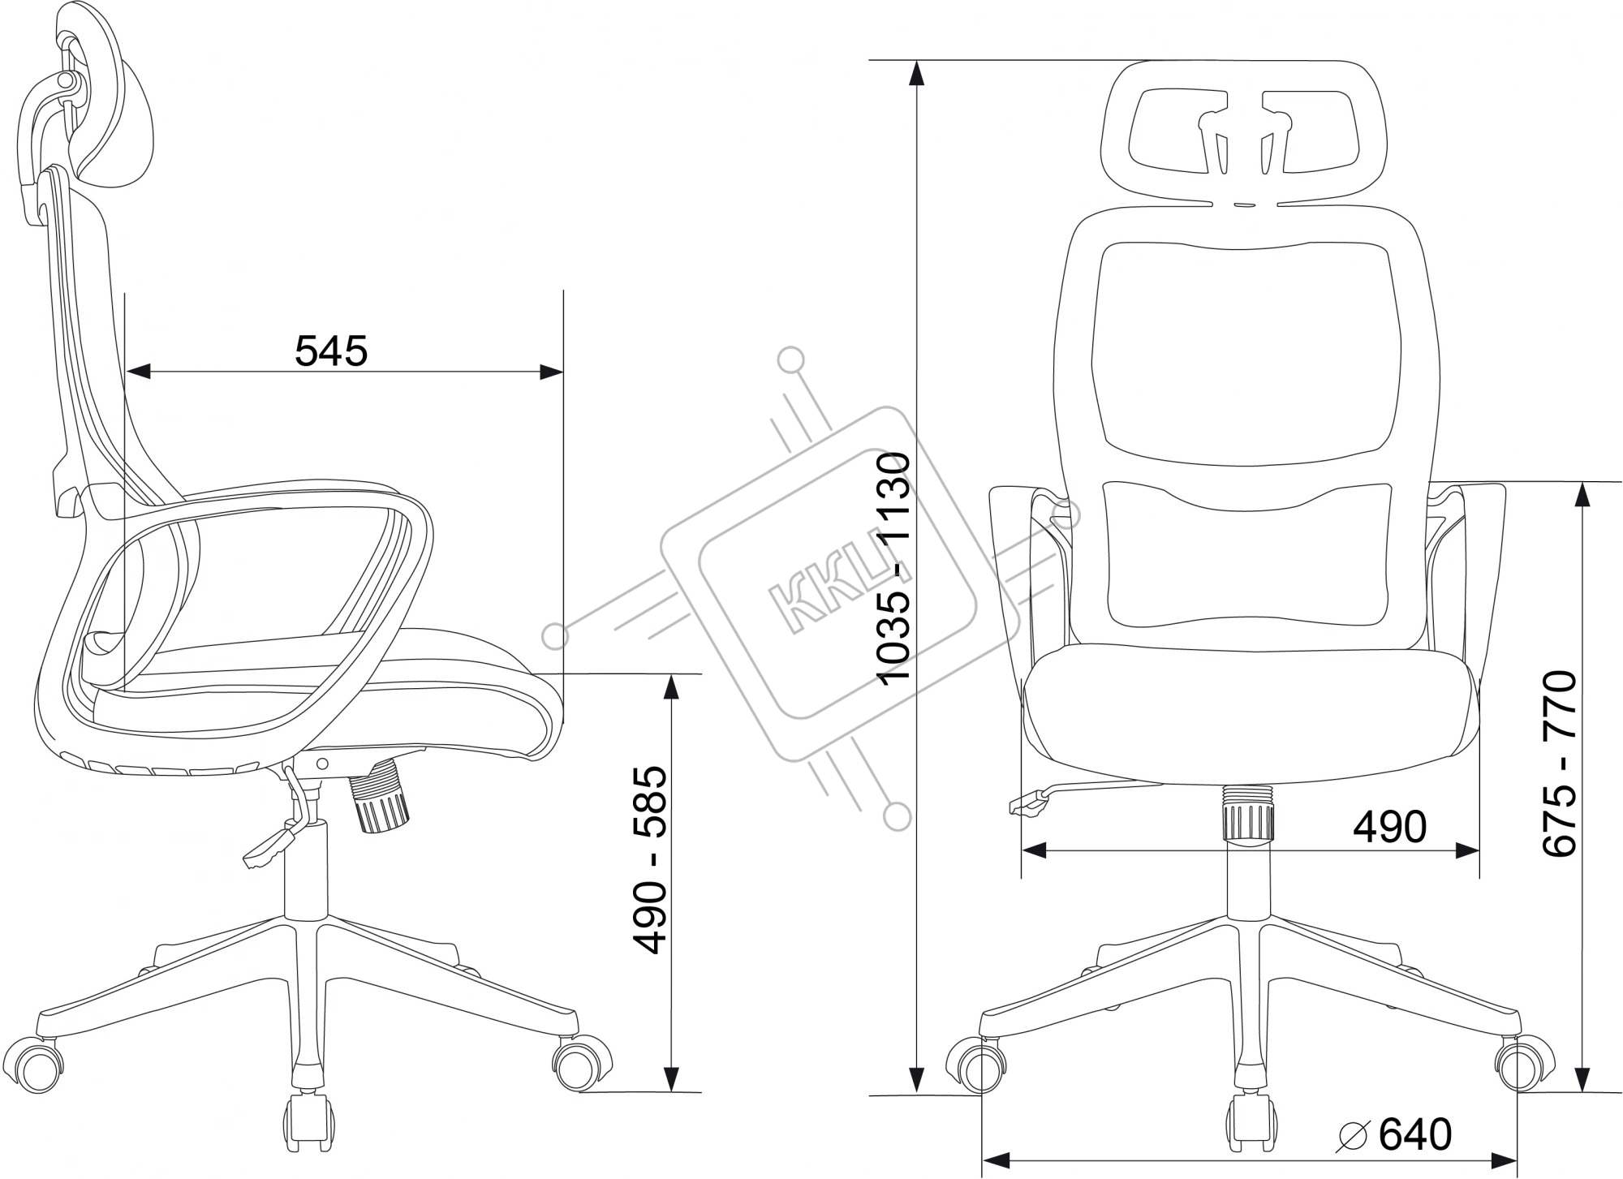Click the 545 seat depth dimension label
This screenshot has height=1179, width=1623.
[x=331, y=351]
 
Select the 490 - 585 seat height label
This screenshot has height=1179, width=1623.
[x=651, y=861]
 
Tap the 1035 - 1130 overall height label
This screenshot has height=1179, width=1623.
[x=895, y=570]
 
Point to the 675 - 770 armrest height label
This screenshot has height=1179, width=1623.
[x=1559, y=763]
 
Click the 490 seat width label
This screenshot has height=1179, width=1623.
[x=1389, y=827]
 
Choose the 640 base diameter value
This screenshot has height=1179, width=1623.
[x=1415, y=1134]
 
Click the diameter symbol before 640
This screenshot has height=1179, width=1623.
[x=1355, y=1136]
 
